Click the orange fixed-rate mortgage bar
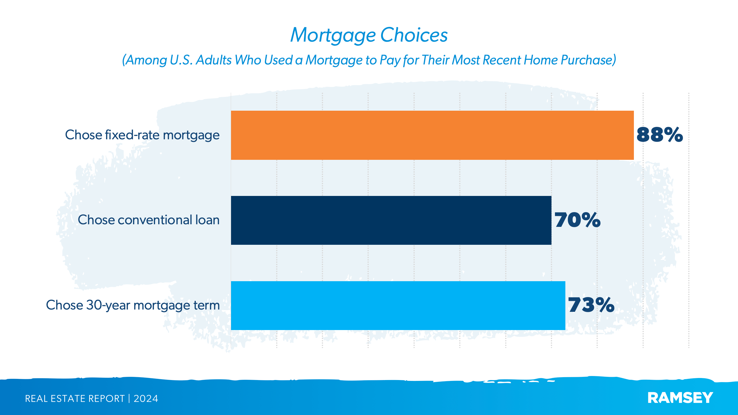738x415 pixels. point(432,135)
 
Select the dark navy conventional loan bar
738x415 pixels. point(391,220)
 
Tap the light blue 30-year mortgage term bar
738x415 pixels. point(398,305)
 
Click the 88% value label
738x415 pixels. point(660,135)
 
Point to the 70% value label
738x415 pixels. point(577,220)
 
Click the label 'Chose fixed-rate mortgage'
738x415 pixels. point(142,135)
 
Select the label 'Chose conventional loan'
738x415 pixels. point(149,220)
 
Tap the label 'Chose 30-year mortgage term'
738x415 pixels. point(133,305)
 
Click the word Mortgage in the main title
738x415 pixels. point(333,35)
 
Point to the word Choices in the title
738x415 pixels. point(414,35)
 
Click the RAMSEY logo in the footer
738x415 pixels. point(680,398)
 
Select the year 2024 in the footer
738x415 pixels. point(146,399)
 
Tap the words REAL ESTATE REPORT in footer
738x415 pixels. point(75,399)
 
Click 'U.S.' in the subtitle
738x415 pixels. point(181,60)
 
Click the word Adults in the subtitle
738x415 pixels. point(214,60)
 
